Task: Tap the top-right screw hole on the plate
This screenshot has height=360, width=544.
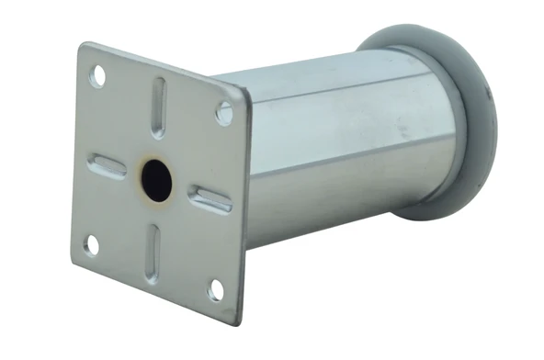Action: click(222, 114)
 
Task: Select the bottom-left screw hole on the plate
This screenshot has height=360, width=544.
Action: click(92, 243)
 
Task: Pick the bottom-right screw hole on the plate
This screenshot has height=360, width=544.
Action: click(215, 290)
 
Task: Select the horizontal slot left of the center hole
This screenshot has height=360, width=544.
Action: click(107, 166)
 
